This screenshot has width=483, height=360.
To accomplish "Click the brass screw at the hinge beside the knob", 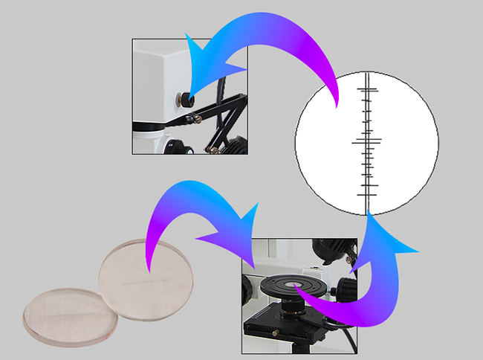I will pos(198,115).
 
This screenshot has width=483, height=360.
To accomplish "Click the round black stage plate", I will pos(287,287).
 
